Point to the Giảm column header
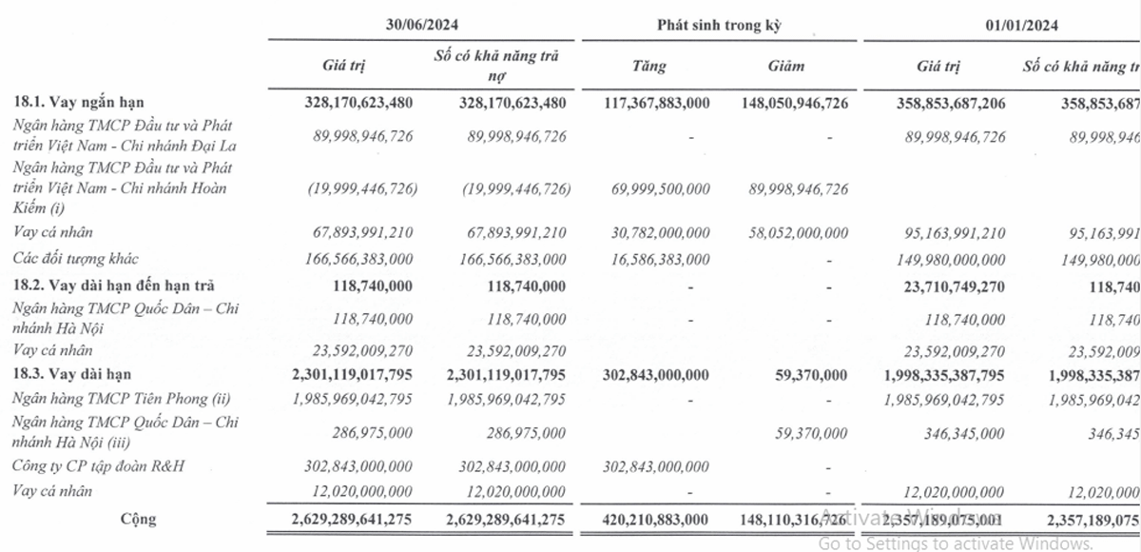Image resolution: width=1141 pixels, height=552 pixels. (x=786, y=67)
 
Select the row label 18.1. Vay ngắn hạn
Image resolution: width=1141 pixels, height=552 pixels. (x=80, y=102)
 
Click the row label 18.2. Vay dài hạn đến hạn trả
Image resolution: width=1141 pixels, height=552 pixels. (x=113, y=285)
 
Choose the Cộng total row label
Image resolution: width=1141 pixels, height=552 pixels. (x=138, y=519)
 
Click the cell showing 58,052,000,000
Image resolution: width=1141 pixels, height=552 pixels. (x=793, y=232)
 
